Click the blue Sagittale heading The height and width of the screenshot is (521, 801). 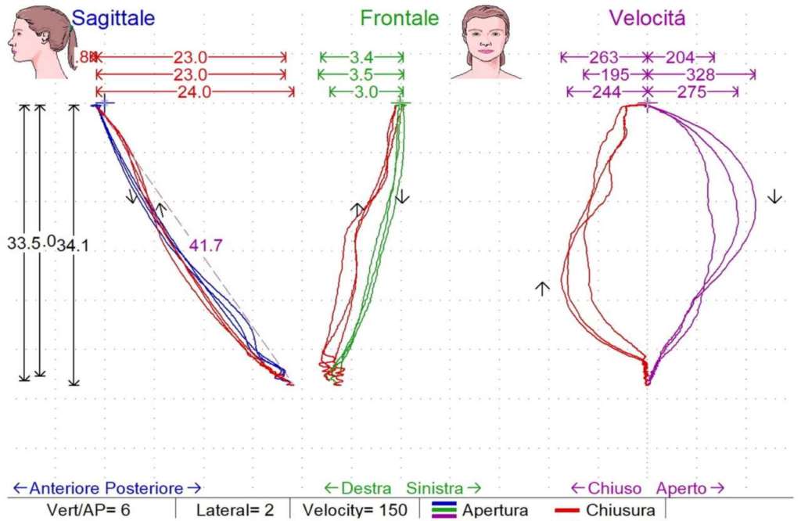coord(113,19)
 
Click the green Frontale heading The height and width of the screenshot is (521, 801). coord(399,19)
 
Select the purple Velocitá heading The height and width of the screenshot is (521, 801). coord(647,19)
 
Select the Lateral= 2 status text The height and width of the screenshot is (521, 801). coord(235,510)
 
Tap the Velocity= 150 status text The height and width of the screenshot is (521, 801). coord(356,510)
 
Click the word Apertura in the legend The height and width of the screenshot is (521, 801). coord(495,510)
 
